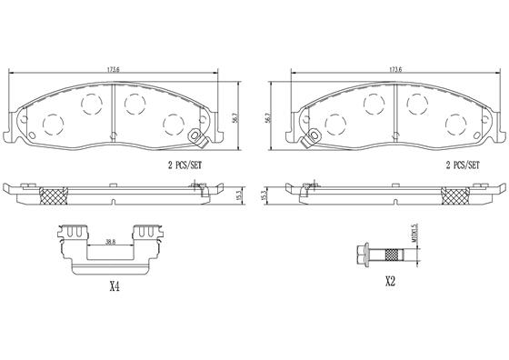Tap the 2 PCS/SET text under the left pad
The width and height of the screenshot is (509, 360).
point(185,165)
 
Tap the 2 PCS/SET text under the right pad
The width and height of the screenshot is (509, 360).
point(463,165)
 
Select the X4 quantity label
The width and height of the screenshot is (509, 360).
point(115,286)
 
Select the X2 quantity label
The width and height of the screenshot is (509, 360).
point(390,282)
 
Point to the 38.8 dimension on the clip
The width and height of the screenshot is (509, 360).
point(111,242)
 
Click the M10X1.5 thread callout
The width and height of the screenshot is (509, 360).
point(414,233)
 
